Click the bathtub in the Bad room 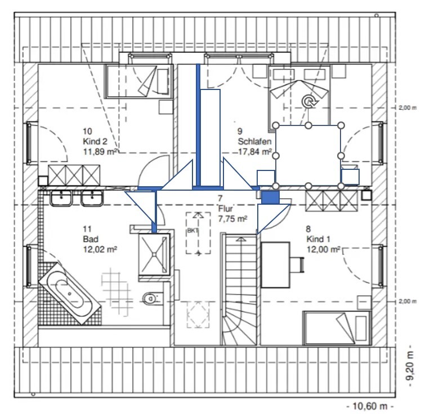tap(70, 294)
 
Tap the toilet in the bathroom tap(151, 298)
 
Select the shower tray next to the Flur tap(154, 254)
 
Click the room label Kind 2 tap(95, 141)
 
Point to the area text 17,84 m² tap(255, 152)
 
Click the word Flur tap(226, 209)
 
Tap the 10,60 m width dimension tap(370, 406)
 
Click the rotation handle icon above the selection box tap(310, 101)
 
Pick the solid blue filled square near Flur tap(270, 197)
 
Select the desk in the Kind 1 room tap(275, 265)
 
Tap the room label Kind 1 tap(318, 239)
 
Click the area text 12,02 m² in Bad tap(100, 249)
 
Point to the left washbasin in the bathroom tap(61, 198)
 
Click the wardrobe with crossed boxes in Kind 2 tap(74, 175)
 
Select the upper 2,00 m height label tap(407, 108)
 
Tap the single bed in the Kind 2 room tap(139, 81)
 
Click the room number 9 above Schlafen tap(240, 131)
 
